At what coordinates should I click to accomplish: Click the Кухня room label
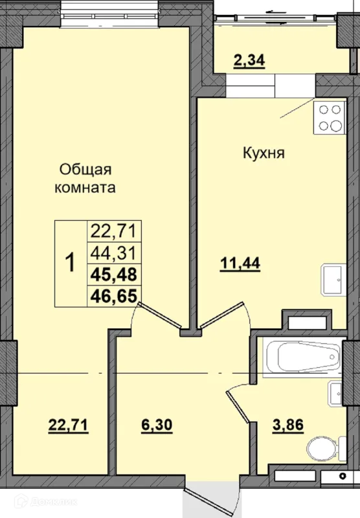(x=264, y=153)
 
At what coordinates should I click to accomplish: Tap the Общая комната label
(x=85, y=179)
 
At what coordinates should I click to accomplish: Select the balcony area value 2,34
(x=249, y=61)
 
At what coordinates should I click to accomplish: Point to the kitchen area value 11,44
(x=240, y=264)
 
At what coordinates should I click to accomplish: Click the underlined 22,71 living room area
(x=69, y=425)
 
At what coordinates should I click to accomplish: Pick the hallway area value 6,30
(x=157, y=425)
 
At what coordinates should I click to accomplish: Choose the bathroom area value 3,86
(x=288, y=425)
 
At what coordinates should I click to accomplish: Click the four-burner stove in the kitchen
(x=330, y=118)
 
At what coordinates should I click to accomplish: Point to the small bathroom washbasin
(x=335, y=393)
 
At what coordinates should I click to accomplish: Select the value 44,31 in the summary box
(x=113, y=253)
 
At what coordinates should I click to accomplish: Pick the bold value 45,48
(x=113, y=275)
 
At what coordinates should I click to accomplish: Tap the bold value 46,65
(x=113, y=296)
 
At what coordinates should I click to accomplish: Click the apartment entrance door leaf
(x=204, y=501)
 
